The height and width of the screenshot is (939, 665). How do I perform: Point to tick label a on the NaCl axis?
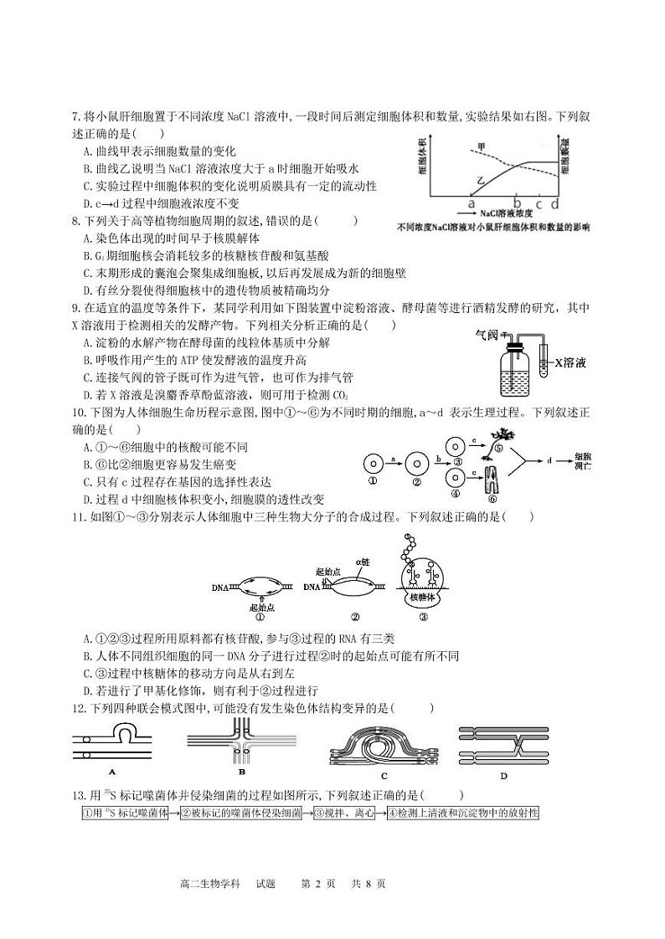tap(471, 203)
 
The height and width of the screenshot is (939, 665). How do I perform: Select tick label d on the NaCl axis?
tap(554, 203)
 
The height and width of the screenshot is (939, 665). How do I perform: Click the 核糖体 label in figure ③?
tap(422, 598)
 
